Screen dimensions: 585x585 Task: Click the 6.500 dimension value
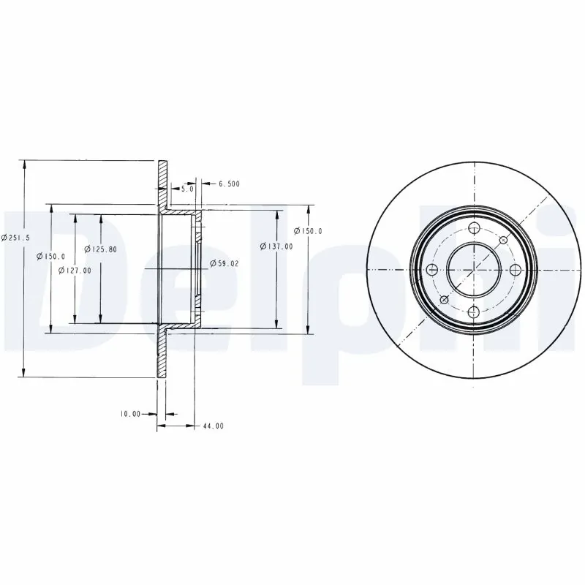coord(229,184)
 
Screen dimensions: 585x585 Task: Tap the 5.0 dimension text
coord(186,189)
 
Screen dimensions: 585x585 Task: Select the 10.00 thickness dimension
coord(130,414)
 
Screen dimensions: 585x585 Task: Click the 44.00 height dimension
coord(214,426)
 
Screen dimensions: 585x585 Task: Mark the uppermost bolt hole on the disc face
coord(473,227)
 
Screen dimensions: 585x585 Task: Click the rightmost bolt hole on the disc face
coord(515,269)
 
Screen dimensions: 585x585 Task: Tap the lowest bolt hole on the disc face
coord(473,312)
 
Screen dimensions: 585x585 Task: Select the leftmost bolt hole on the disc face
coord(431,269)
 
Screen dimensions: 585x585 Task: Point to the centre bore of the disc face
coord(473,269)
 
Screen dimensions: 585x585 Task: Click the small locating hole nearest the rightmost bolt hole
coord(503,240)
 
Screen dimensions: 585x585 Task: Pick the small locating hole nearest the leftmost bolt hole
coord(444,299)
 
